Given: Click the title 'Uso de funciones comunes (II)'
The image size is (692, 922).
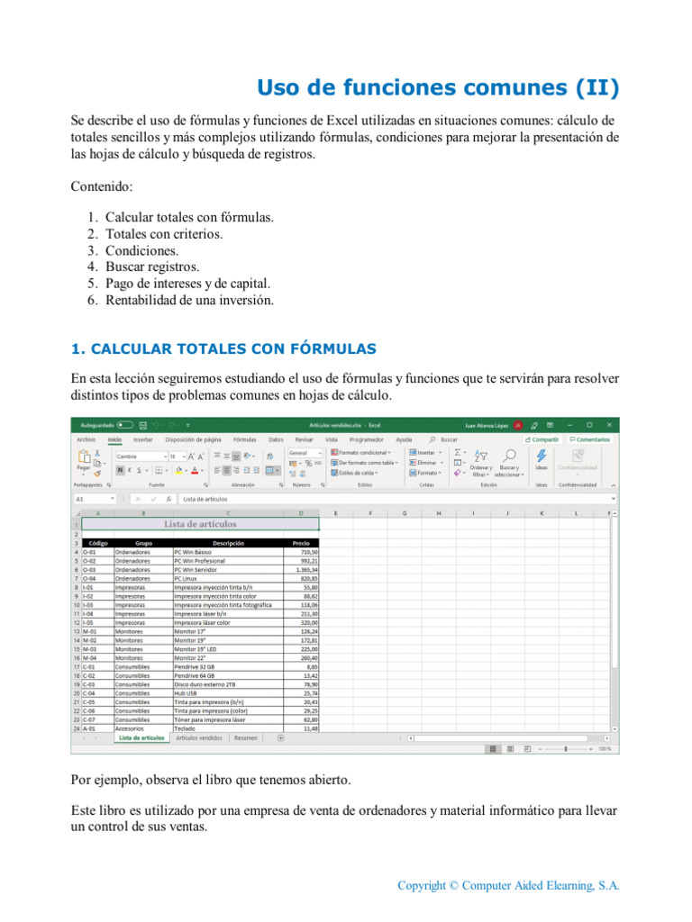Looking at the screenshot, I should coord(438,87).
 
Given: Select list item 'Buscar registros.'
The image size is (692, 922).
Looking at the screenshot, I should coord(152,267).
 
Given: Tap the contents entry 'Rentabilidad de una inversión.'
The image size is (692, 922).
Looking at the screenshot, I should coord(189,299).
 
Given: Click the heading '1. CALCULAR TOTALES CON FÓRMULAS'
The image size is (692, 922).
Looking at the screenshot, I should coord(223,348).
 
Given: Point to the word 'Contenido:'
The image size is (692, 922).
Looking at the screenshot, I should coord(101,186).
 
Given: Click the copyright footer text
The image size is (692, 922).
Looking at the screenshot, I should coord(509,885).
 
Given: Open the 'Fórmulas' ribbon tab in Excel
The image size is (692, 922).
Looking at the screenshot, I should coord(245,439).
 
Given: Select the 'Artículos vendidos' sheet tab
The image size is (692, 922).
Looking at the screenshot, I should coord(199,737).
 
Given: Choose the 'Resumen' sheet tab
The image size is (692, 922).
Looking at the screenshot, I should coord(245,737).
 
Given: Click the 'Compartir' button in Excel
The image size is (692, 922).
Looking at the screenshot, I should coord(542,439).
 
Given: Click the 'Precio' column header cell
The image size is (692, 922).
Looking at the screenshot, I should coord(301,544).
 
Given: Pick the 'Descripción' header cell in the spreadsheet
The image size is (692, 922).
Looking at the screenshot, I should coord(228,544).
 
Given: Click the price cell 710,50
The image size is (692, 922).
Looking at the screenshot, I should coord(307,552).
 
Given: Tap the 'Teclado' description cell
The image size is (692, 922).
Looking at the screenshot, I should coord(186,728).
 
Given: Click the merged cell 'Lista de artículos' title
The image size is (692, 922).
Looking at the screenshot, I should coord(200,523).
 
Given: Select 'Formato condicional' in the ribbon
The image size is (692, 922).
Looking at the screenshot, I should coord(363,452).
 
